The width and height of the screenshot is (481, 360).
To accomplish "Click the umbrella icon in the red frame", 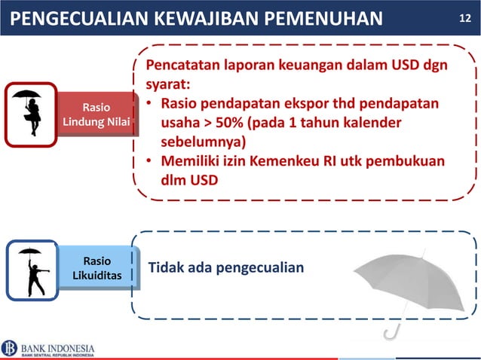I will [x=31, y=114].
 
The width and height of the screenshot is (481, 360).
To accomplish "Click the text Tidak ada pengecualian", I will [x=225, y=268].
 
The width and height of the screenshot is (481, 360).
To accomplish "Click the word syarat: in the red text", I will [x=168, y=84].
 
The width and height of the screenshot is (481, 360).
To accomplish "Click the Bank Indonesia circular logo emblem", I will [x=10, y=348].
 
